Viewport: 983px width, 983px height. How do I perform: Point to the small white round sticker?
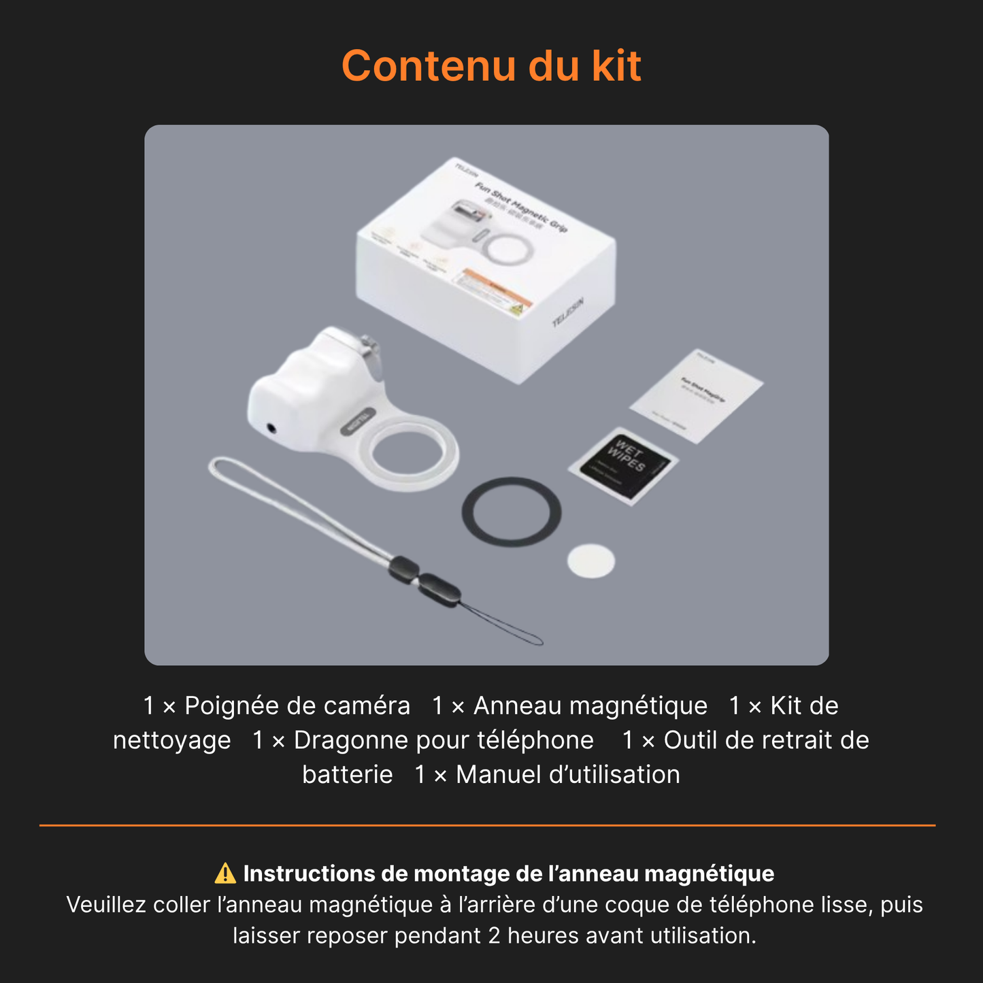pyautogui.click(x=591, y=561)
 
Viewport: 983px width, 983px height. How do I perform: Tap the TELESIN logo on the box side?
pyautogui.click(x=567, y=312)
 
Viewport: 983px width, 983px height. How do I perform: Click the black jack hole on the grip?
pyautogui.click(x=273, y=429)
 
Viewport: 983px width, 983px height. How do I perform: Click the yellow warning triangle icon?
pyautogui.click(x=225, y=873)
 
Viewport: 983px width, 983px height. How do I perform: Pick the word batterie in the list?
pyautogui.click(x=348, y=775)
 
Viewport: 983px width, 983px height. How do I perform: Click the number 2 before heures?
pyautogui.click(x=495, y=935)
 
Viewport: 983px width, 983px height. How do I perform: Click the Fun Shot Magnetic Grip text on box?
pyautogui.click(x=520, y=208)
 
